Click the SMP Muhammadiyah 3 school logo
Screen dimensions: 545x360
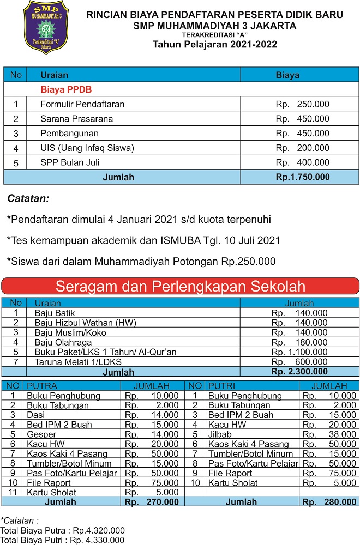coord(46,27)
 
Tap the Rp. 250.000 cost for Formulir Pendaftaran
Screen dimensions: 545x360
coord(302,104)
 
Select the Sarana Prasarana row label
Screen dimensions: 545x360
coord(76,119)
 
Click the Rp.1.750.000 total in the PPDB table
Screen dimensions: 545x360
coord(302,177)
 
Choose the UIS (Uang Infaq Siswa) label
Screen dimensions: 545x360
coord(87,148)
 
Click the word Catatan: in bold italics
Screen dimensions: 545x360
coord(28,198)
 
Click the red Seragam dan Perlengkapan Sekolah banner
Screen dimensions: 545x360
coord(181,286)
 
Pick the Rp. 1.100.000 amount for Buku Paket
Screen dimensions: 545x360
coord(299,352)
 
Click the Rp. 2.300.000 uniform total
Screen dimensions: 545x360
coord(299,372)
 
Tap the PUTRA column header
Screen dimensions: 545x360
coord(42,386)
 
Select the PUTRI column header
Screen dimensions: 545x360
coord(222,386)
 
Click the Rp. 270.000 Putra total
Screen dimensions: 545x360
coord(152,502)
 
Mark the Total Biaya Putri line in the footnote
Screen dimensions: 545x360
coord(62,540)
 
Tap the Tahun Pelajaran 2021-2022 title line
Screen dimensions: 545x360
coord(214,44)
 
